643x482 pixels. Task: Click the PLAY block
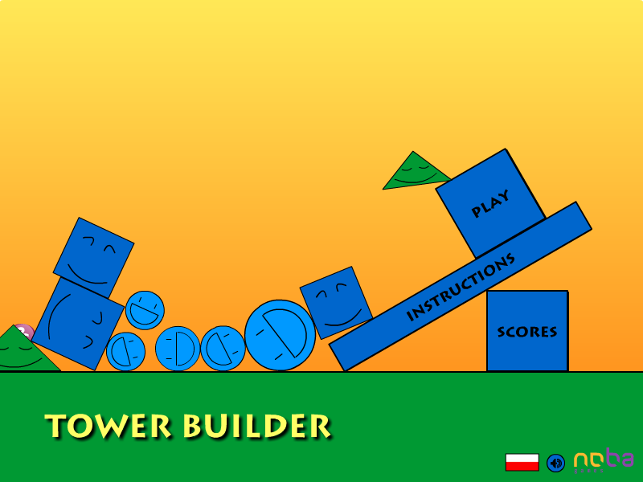pos(490,203)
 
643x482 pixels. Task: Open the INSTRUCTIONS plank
pos(460,287)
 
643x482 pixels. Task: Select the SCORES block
pos(527,331)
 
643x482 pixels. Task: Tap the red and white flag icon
pos(522,462)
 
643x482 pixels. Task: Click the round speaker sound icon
pos(555,464)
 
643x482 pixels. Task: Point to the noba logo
pos(604,460)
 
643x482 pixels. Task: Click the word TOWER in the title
pos(108,426)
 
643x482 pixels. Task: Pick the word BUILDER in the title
pos(256,426)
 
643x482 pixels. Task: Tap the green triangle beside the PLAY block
pos(415,173)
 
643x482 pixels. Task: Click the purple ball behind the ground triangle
pos(26,331)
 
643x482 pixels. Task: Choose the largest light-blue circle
pos(280,335)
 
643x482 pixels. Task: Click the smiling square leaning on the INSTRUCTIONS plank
pos(336,303)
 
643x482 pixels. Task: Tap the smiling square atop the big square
pos(93,258)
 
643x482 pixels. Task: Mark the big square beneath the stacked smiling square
pos(78,324)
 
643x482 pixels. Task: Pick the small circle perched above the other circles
pos(145,310)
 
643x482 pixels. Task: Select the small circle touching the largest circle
pos(223,349)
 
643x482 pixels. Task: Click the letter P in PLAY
pos(477,211)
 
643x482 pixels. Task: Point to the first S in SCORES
pos(501,332)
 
